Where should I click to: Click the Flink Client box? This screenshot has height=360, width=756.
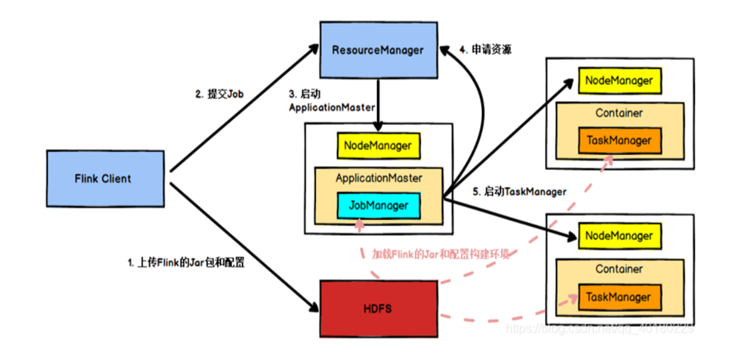pyautogui.click(x=103, y=179)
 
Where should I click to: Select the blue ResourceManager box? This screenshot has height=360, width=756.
pyautogui.click(x=378, y=50)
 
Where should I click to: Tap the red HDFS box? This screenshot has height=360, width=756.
pyautogui.click(x=378, y=308)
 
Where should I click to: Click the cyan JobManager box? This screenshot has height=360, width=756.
pyautogui.click(x=378, y=206)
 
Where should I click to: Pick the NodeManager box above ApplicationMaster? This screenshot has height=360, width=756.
pyautogui.click(x=378, y=146)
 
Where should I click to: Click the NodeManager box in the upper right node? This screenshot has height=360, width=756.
pyautogui.click(x=619, y=81)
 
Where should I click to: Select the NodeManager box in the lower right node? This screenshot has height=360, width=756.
pyautogui.click(x=619, y=236)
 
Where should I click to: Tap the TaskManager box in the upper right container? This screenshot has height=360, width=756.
pyautogui.click(x=619, y=140)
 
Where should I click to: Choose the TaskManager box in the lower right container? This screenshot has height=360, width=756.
pyautogui.click(x=619, y=297)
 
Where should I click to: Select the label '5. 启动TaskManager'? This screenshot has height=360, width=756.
pyautogui.click(x=519, y=191)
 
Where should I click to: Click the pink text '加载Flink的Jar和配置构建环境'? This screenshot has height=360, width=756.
pyautogui.click(x=441, y=254)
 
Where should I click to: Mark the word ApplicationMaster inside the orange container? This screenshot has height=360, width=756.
pyautogui.click(x=378, y=178)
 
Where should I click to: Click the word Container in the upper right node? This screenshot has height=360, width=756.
pyautogui.click(x=619, y=113)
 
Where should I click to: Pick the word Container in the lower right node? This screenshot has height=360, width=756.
pyautogui.click(x=619, y=269)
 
